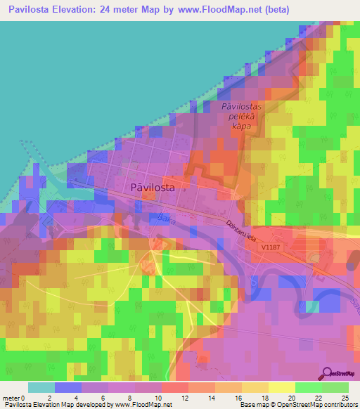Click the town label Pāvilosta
(153, 188)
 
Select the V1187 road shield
(270, 247)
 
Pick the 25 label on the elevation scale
(344, 398)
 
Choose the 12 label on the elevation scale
(185, 398)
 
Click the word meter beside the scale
(12, 398)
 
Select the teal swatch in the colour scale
(41, 387)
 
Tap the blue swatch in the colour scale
(67, 387)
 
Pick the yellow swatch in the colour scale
(282, 387)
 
